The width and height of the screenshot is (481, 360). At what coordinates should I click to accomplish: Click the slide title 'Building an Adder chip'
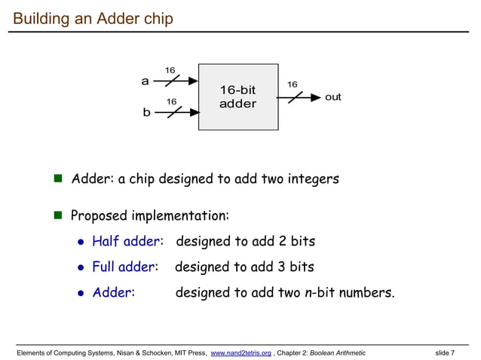pyautogui.click(x=93, y=17)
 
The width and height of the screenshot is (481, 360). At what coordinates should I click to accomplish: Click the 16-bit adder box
pyautogui.click(x=237, y=96)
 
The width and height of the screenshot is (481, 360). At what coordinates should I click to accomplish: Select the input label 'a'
pyautogui.click(x=146, y=81)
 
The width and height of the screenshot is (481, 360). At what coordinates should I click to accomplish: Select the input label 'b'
pyautogui.click(x=146, y=112)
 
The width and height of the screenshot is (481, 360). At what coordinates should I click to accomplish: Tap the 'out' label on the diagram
pyautogui.click(x=332, y=97)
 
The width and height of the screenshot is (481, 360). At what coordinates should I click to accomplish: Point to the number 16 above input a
pyautogui.click(x=170, y=71)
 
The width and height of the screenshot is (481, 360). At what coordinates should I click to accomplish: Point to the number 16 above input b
pyautogui.click(x=171, y=101)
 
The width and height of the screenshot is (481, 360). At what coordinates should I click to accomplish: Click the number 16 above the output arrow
pyautogui.click(x=292, y=84)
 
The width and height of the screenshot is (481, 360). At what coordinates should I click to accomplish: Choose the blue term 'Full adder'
pyautogui.click(x=124, y=267)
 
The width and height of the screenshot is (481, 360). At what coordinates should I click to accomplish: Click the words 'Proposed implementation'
pyautogui.click(x=149, y=216)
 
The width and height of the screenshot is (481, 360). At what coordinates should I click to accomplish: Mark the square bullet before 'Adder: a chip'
pyautogui.click(x=57, y=179)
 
